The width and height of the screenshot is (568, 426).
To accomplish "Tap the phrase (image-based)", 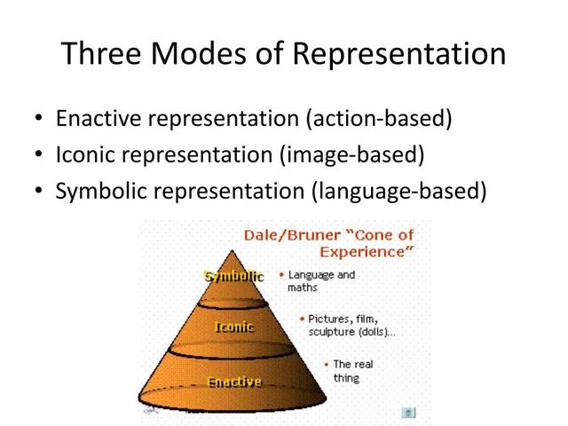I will point(352,155).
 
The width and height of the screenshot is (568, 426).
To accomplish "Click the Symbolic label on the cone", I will point(234,276).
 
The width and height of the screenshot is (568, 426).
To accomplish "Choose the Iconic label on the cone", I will point(234,327).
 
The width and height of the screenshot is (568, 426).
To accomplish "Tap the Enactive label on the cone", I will point(234,382).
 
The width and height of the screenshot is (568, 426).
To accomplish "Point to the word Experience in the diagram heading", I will point(369,252).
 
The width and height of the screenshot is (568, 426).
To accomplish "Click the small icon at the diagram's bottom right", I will point(407,412).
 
